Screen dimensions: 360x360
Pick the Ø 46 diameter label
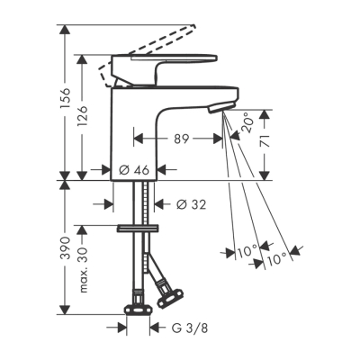coord(135,169)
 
